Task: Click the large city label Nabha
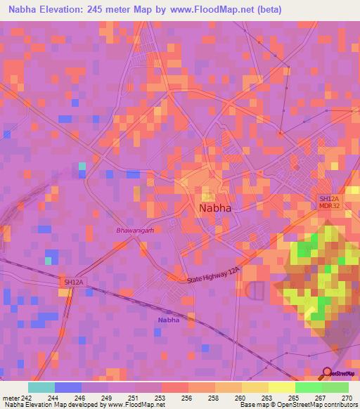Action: pos(215,209)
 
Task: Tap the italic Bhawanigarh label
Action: pos(135,230)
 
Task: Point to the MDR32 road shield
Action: pos(329,206)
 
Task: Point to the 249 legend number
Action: pos(107,397)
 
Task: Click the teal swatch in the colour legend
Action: pos(41,387)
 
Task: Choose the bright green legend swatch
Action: pos(308,387)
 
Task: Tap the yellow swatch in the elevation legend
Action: pos(281,387)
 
